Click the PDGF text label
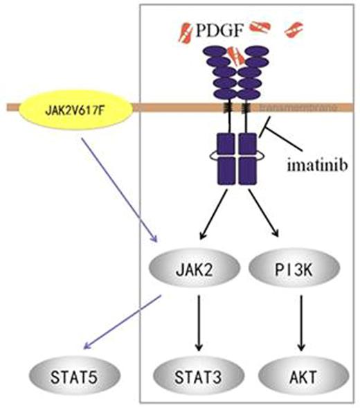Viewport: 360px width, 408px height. coord(218,31)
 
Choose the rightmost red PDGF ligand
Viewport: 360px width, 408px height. coord(295,29)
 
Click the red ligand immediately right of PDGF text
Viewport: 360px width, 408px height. coord(262,26)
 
